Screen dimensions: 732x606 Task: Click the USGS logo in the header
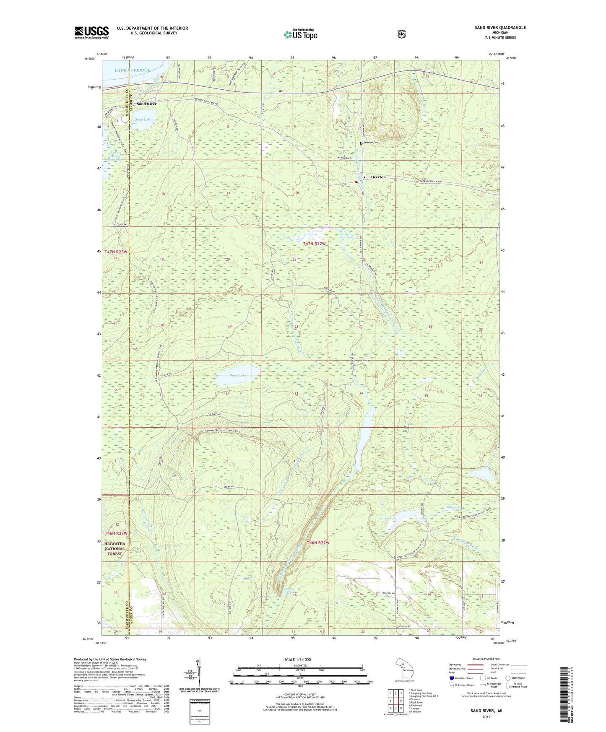click(x=91, y=32)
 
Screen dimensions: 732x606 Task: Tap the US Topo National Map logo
click(x=300, y=34)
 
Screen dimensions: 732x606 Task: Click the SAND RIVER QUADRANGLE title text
click(x=500, y=28)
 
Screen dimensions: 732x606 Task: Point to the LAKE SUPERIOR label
click(x=132, y=70)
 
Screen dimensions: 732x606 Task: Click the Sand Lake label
click(x=143, y=119)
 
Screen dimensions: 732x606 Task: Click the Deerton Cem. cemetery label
click(x=371, y=143)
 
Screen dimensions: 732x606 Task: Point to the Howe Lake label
click(x=237, y=375)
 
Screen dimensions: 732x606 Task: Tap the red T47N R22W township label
click(x=314, y=244)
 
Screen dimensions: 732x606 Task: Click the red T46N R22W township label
click(x=318, y=543)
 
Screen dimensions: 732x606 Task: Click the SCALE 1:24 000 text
click(x=297, y=659)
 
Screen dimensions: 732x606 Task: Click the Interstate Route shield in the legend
click(x=451, y=678)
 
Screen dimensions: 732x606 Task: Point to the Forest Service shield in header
click(x=401, y=34)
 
